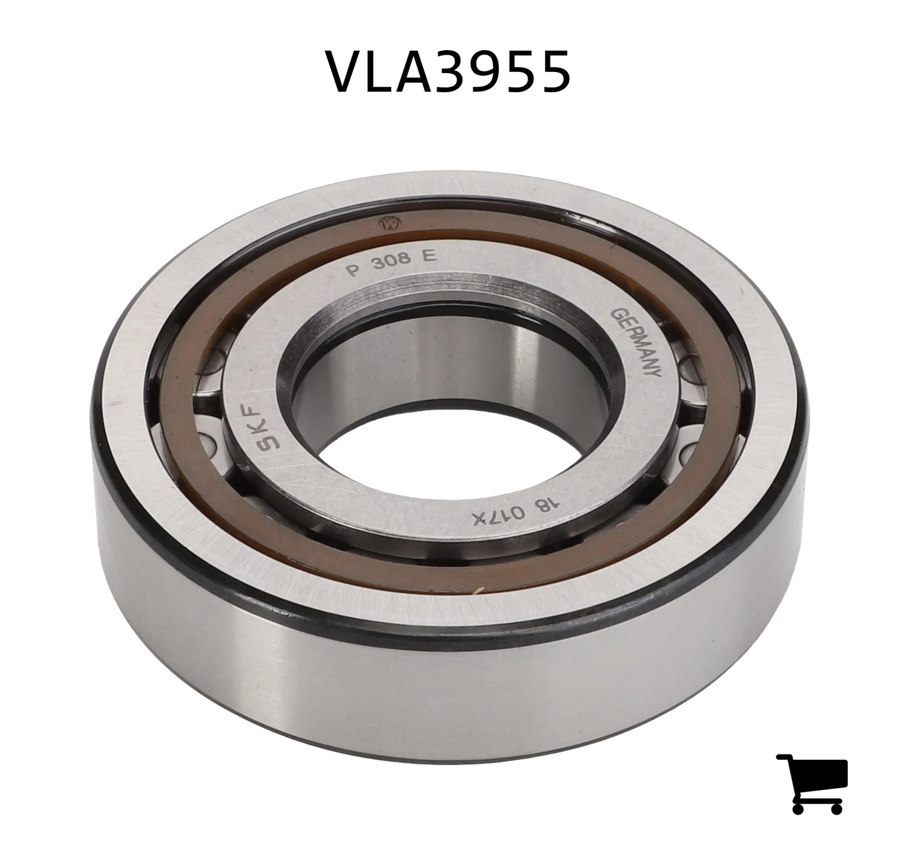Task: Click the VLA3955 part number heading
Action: [x=449, y=71]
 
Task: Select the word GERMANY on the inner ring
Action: [x=638, y=342]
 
